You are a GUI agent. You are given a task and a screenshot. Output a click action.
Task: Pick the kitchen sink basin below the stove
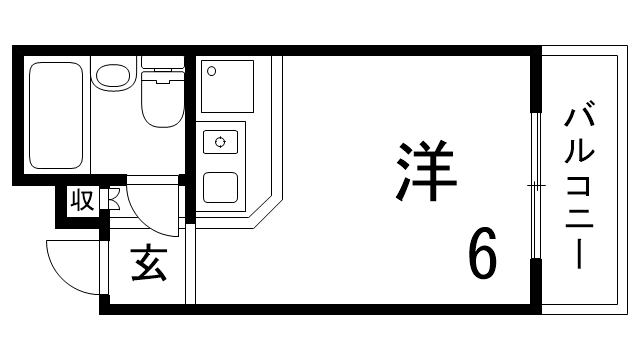pos(220,186)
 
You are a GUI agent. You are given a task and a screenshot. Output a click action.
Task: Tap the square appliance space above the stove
pos(227,86)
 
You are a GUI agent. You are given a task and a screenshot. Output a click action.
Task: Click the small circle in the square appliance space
pos(211,70)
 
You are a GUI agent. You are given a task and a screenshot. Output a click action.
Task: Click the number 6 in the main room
pos(481,256)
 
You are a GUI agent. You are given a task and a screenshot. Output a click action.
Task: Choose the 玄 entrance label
pos(148,265)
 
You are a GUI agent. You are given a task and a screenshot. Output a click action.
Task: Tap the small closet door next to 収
pos(110,199)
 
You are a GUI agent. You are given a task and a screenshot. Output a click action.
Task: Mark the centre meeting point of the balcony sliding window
pos(536,186)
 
